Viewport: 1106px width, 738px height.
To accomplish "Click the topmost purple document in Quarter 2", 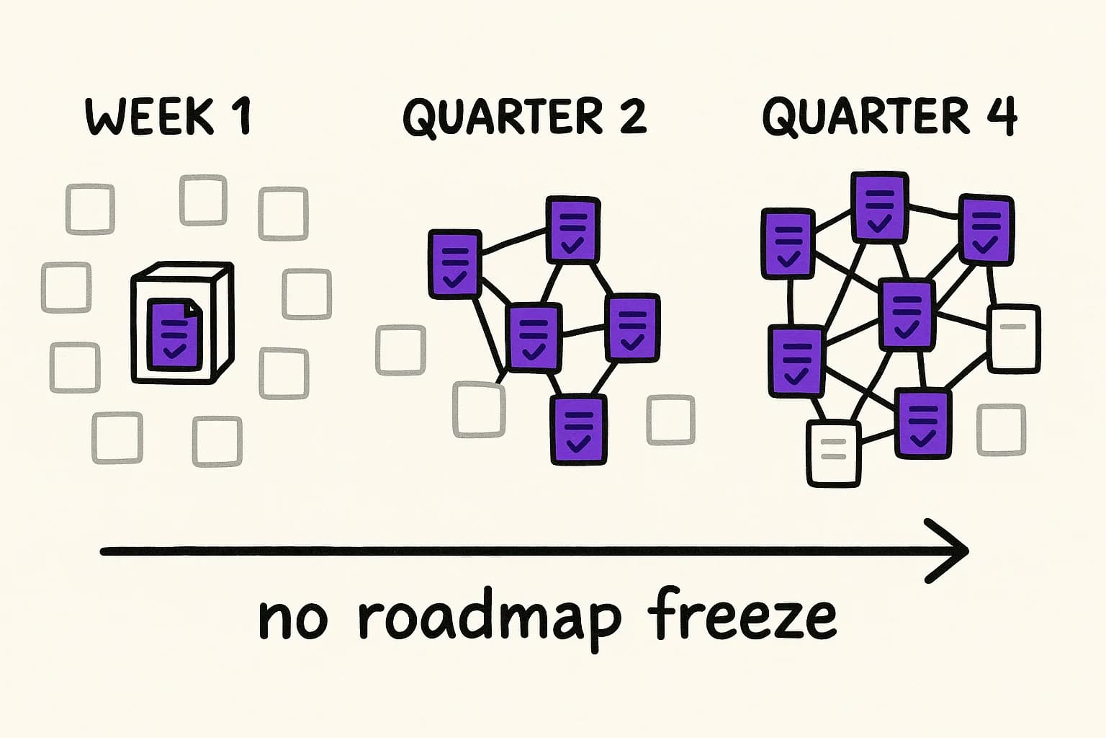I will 572,229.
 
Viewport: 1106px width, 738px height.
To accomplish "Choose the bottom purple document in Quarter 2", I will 578,430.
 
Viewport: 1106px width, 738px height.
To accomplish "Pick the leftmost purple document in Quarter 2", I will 454,264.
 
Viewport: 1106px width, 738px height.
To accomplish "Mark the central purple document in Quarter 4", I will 907,314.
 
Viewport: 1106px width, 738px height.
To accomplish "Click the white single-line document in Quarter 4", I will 1014,339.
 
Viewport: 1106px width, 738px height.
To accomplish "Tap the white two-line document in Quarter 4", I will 834,454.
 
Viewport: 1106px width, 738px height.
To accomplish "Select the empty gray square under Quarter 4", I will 1001,430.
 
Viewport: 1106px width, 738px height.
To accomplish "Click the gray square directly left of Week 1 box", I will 67,288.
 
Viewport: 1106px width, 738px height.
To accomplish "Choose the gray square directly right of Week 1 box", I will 307,293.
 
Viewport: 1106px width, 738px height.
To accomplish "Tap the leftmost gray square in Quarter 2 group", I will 401,350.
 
